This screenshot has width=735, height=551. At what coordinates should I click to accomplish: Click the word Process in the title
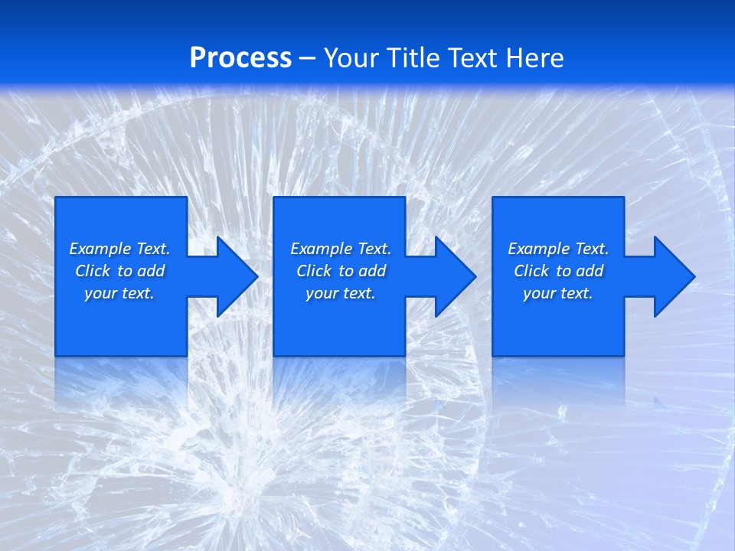click(x=240, y=58)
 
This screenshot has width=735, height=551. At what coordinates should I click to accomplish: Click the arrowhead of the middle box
click(x=456, y=276)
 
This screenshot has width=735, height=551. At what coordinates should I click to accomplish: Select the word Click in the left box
click(x=93, y=271)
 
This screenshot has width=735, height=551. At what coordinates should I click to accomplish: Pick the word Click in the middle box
click(x=314, y=271)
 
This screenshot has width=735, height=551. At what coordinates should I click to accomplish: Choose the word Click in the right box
click(x=531, y=271)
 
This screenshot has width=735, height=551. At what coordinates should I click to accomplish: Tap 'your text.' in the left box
click(x=119, y=293)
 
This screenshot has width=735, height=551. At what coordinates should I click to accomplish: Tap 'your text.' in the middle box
click(x=340, y=293)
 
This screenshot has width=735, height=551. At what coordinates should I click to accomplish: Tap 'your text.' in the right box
click(x=557, y=293)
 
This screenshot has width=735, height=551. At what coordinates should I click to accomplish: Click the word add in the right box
click(x=590, y=271)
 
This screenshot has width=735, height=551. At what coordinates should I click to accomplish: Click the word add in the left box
click(x=152, y=271)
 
